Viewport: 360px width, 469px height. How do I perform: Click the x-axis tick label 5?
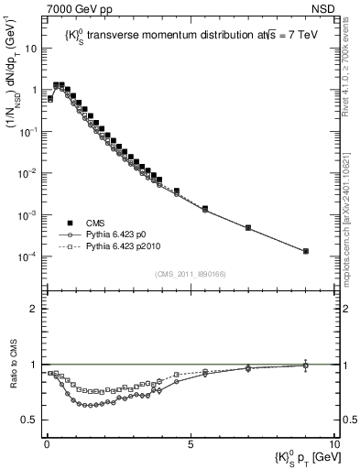click(x=190, y=442)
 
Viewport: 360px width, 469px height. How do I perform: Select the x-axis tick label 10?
click(x=333, y=442)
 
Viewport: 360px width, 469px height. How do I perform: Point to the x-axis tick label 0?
click(x=47, y=442)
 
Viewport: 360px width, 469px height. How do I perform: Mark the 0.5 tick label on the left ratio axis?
click(x=29, y=420)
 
